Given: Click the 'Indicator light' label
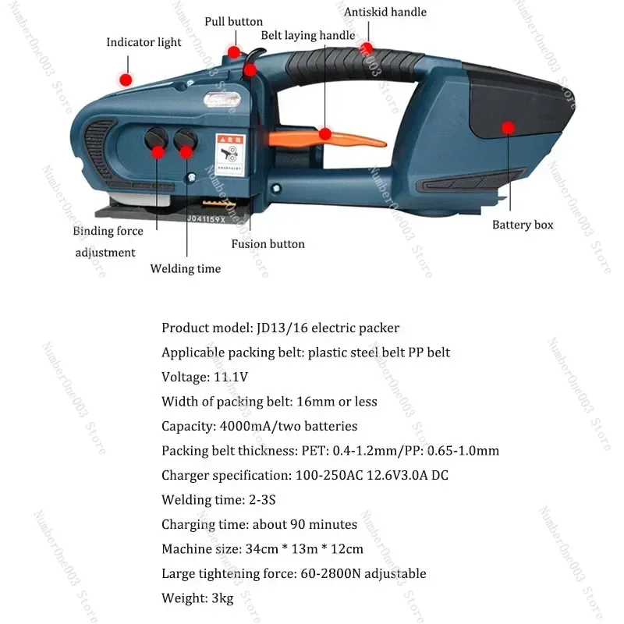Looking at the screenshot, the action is click(144, 42).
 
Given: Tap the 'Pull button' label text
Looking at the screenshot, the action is click(233, 21).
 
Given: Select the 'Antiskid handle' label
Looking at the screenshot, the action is click(385, 12).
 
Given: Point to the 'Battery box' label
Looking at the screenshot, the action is click(523, 225).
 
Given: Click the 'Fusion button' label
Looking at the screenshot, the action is click(268, 244).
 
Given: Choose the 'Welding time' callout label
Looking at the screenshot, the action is click(186, 268).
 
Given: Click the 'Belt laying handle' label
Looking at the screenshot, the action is click(307, 35).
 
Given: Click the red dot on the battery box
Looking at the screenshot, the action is click(508, 126).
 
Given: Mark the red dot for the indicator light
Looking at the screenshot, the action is click(124, 79).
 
